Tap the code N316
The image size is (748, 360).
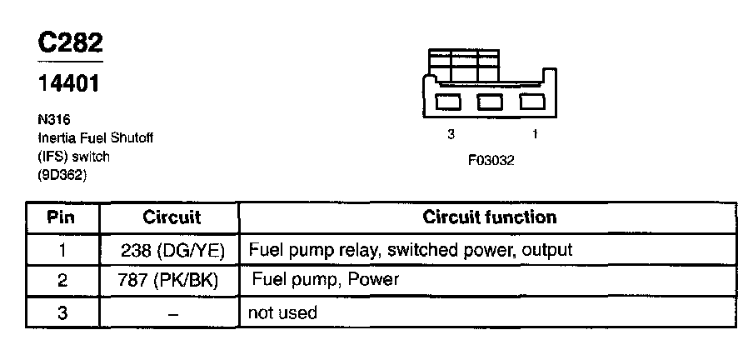[x=53, y=119]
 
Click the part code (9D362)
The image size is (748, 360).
[x=63, y=174]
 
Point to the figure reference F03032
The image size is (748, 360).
[x=491, y=161]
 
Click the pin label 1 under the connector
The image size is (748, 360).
[x=534, y=133]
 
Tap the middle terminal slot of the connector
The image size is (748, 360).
[x=490, y=102]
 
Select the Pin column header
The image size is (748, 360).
[x=62, y=218]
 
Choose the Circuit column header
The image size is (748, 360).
[x=172, y=218]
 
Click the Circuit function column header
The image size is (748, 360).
[x=490, y=218]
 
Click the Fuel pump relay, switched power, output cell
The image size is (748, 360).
[x=411, y=249]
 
